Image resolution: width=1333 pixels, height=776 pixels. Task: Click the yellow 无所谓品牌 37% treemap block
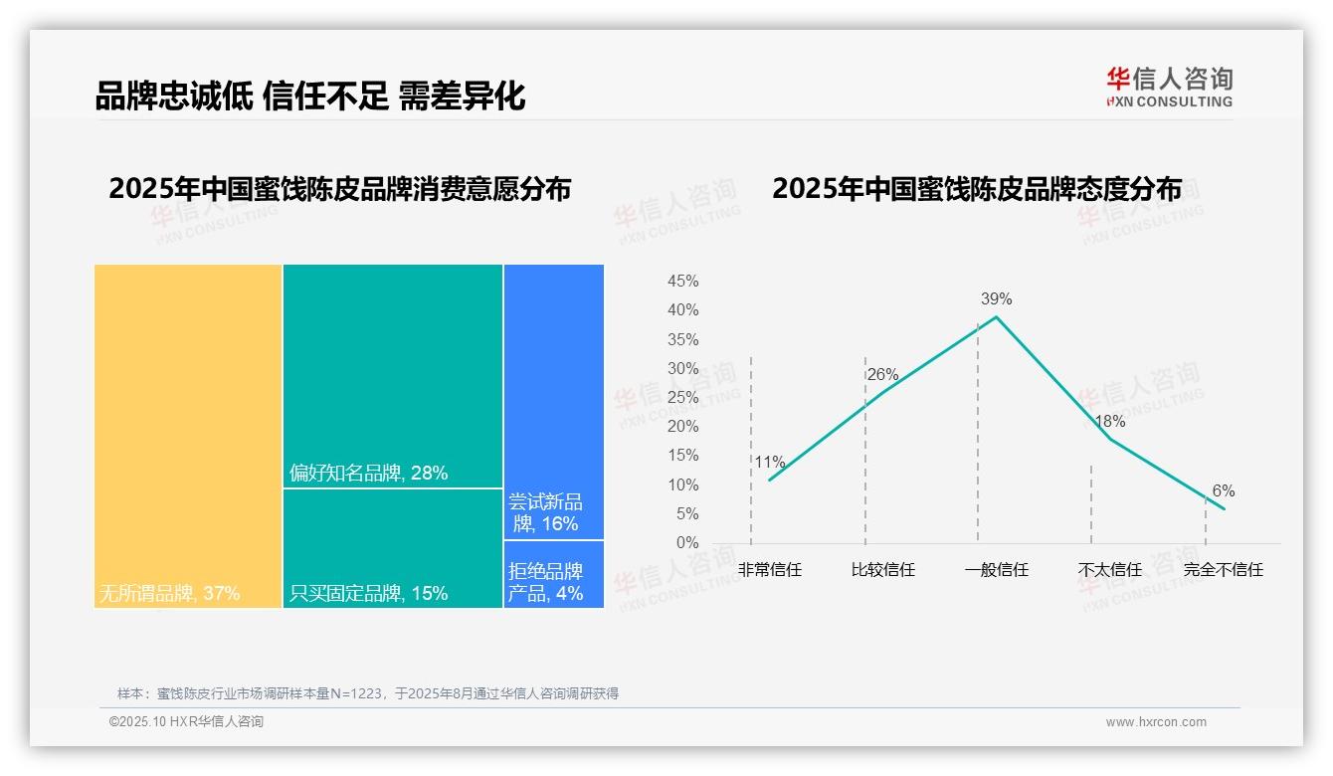(x=188, y=435)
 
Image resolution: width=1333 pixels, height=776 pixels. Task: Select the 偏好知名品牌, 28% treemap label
(x=369, y=474)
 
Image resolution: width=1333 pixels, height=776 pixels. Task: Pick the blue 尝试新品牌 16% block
(x=553, y=401)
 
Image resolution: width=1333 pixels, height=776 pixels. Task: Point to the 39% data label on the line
(x=996, y=299)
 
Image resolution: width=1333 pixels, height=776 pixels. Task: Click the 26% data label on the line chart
(x=882, y=375)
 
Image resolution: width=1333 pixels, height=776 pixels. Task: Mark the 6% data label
(x=1223, y=491)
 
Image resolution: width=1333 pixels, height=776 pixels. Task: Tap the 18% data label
(x=1109, y=422)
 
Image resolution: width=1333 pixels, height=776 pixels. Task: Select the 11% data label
(x=769, y=463)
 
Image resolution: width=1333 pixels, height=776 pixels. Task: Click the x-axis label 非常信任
(x=769, y=570)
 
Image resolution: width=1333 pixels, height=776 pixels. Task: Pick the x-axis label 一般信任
(x=996, y=570)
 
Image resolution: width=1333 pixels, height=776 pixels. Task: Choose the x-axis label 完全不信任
(x=1223, y=570)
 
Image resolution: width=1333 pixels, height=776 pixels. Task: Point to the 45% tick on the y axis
(x=682, y=282)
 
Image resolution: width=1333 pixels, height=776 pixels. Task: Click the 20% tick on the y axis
(x=682, y=427)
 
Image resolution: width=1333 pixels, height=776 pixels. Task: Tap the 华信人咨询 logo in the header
(x=1169, y=87)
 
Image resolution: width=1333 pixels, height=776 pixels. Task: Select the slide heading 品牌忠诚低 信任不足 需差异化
(x=310, y=97)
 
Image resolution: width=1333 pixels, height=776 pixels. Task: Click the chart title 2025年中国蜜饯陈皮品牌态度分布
(x=977, y=189)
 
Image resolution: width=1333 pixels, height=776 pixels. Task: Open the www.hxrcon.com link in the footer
(x=1156, y=722)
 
